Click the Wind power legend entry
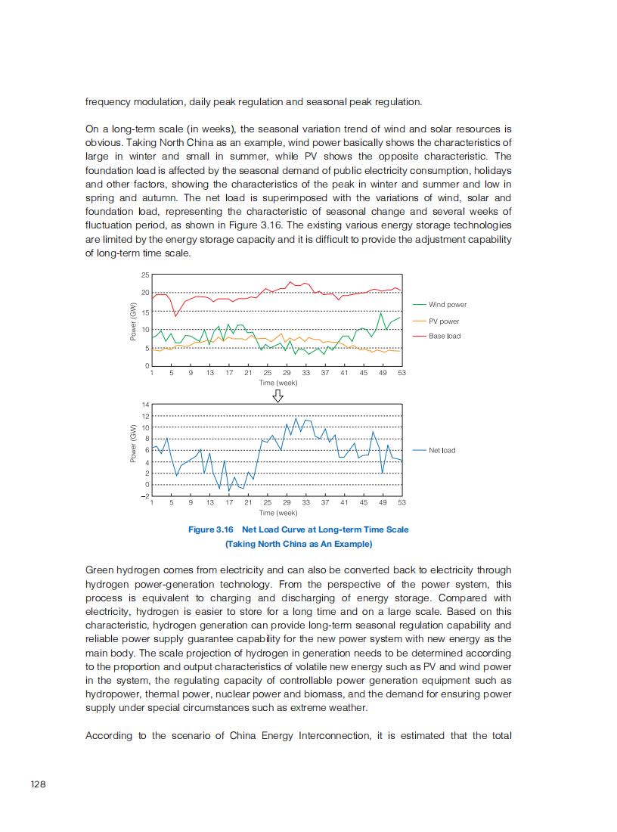[x=447, y=305]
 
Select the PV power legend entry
[x=444, y=321]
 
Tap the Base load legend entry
[x=444, y=336]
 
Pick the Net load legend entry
[x=442, y=450]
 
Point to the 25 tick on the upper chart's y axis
[x=145, y=275]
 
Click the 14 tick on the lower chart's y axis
[x=145, y=405]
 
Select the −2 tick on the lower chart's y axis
[x=144, y=496]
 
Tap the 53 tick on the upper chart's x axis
[x=402, y=373]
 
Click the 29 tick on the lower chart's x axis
[x=287, y=502]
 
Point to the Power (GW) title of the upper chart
[x=133, y=321]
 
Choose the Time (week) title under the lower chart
[x=277, y=513]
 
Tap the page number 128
[x=38, y=784]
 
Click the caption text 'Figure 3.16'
[x=211, y=529]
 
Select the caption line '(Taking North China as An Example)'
[x=299, y=544]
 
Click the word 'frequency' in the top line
[x=106, y=102]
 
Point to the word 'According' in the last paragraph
[x=109, y=736]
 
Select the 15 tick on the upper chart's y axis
[x=145, y=312]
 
